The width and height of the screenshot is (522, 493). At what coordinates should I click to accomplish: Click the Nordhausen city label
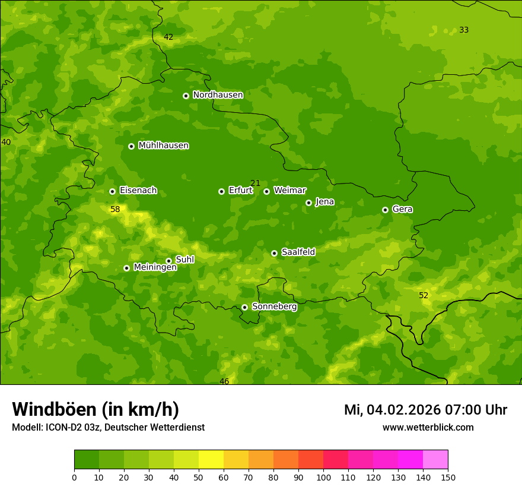[218, 95]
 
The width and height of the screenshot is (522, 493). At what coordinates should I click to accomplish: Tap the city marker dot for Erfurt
[221, 191]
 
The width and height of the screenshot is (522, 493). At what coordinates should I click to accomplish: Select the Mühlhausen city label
[163, 146]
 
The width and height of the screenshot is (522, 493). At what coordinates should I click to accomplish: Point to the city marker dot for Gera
[385, 210]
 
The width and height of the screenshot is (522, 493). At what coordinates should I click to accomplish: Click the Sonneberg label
[274, 306]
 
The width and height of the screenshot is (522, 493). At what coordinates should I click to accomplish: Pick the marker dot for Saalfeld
[274, 253]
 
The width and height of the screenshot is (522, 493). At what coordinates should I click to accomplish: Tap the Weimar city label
[289, 191]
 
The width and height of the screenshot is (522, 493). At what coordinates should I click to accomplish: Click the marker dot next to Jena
[308, 203]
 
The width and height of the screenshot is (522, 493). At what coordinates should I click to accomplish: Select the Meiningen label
[155, 267]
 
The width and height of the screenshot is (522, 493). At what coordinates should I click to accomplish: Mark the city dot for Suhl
[168, 261]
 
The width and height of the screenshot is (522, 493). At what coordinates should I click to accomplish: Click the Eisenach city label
[138, 191]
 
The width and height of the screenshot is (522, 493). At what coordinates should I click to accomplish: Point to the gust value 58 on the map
[115, 209]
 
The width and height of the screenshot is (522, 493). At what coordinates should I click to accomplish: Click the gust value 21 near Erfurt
[255, 183]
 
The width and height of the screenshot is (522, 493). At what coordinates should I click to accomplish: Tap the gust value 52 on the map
[424, 295]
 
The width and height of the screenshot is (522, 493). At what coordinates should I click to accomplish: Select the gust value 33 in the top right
[464, 30]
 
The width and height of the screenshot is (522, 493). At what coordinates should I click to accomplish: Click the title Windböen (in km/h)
[96, 409]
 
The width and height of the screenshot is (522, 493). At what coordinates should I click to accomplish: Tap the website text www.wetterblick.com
[428, 427]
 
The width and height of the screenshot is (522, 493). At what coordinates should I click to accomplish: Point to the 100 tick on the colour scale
[323, 477]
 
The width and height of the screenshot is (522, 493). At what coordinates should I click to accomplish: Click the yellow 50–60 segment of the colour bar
[211, 460]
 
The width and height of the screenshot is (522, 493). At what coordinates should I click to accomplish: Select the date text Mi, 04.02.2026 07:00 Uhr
[425, 410]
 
